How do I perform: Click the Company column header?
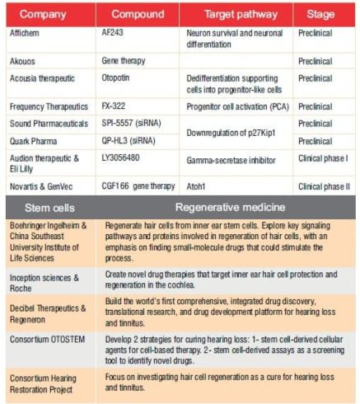pyautogui.click(x=43, y=14)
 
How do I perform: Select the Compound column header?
pyautogui.click(x=138, y=14)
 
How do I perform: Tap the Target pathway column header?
pyautogui.click(x=241, y=14)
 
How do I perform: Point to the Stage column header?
pyautogui.click(x=320, y=14)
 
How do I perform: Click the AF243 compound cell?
pyautogui.click(x=112, y=32)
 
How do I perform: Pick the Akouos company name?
pyautogui.click(x=22, y=61)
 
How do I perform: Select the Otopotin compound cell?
pyautogui.click(x=115, y=78)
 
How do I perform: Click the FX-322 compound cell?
pyautogui.click(x=114, y=106)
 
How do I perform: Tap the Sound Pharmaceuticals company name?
pyautogui.click(x=49, y=124)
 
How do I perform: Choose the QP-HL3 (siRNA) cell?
pyautogui.click(x=129, y=141)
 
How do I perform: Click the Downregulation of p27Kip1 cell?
pyautogui.click(x=231, y=133)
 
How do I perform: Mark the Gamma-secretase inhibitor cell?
pyautogui.click(x=231, y=160)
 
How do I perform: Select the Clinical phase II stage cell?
pyautogui.click(x=324, y=186)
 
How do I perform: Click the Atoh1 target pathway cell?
pyautogui.click(x=196, y=186)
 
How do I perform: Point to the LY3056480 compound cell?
pyautogui.click(x=120, y=157)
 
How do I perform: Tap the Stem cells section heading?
pyautogui.click(x=49, y=208)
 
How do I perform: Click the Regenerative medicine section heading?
pyautogui.click(x=230, y=207)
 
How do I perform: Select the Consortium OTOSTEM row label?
pyautogui.click(x=47, y=340)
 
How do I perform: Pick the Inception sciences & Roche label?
pyautogui.click(x=44, y=283)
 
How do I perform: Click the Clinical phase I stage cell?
pyautogui.click(x=323, y=158)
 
